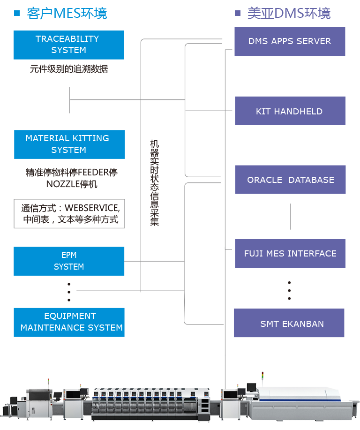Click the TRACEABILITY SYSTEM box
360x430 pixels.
(x=68, y=45)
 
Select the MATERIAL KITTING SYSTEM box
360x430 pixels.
(x=69, y=144)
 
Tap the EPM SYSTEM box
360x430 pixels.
(x=69, y=261)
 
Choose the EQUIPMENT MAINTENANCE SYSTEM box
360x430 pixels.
(x=69, y=322)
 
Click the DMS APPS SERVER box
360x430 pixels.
(x=290, y=42)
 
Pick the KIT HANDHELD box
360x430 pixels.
(x=290, y=111)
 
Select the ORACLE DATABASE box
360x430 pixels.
(x=290, y=180)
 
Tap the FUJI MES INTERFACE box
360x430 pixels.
(x=290, y=254)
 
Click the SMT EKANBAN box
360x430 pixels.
(x=289, y=324)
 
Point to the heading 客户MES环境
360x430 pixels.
(x=67, y=13)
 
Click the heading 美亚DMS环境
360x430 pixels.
(x=289, y=13)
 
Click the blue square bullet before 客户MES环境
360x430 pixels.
(x=17, y=13)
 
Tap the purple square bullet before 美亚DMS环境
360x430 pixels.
(x=238, y=13)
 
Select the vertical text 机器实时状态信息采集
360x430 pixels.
(x=155, y=182)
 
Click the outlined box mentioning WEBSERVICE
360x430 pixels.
(x=69, y=213)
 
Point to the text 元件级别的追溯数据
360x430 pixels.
(x=69, y=69)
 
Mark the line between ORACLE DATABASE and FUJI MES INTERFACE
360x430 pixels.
(x=291, y=216)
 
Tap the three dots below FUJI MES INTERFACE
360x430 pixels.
(x=289, y=291)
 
